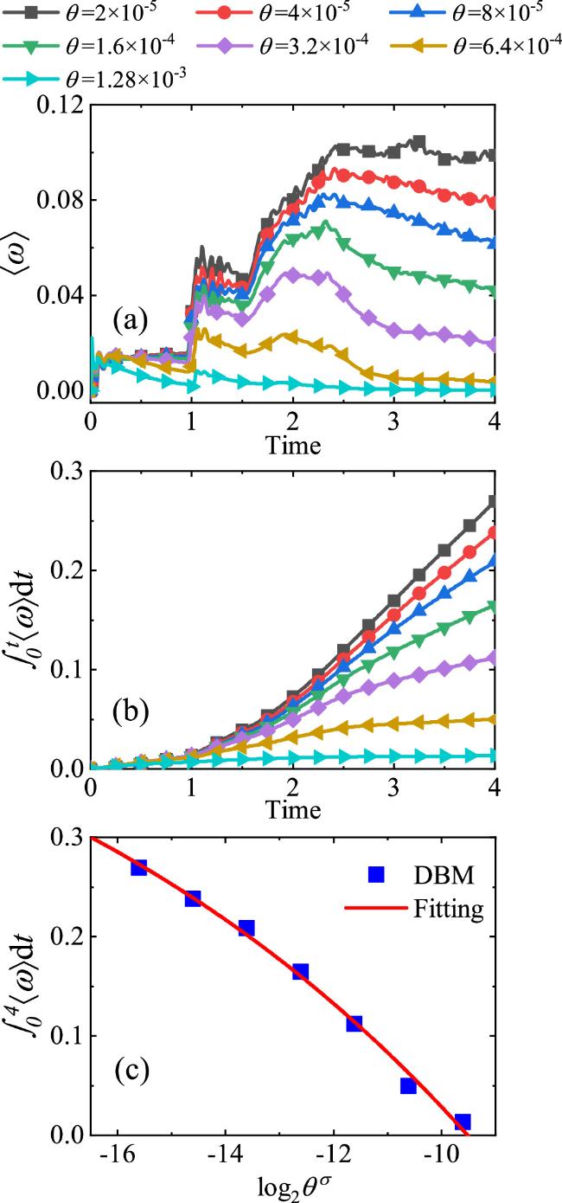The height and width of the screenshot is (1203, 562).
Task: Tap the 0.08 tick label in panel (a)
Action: tap(61, 201)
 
